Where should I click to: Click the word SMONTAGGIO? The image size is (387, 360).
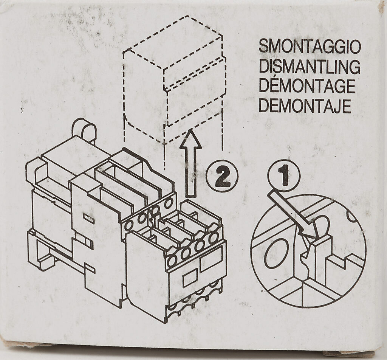[x=310, y=47]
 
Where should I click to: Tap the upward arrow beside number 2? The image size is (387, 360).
[x=191, y=163]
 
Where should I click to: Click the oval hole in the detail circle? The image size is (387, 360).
[x=276, y=253]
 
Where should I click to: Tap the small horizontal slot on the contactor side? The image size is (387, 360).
[x=89, y=219]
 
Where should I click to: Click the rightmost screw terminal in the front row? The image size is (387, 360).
[x=214, y=237]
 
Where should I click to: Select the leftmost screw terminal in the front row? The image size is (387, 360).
[x=172, y=261]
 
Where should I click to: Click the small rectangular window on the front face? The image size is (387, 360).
[x=190, y=278]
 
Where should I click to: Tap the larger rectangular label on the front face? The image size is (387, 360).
[x=210, y=262]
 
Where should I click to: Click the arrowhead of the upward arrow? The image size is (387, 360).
[x=191, y=139]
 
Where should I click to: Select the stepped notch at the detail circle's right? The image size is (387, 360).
[x=345, y=262]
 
